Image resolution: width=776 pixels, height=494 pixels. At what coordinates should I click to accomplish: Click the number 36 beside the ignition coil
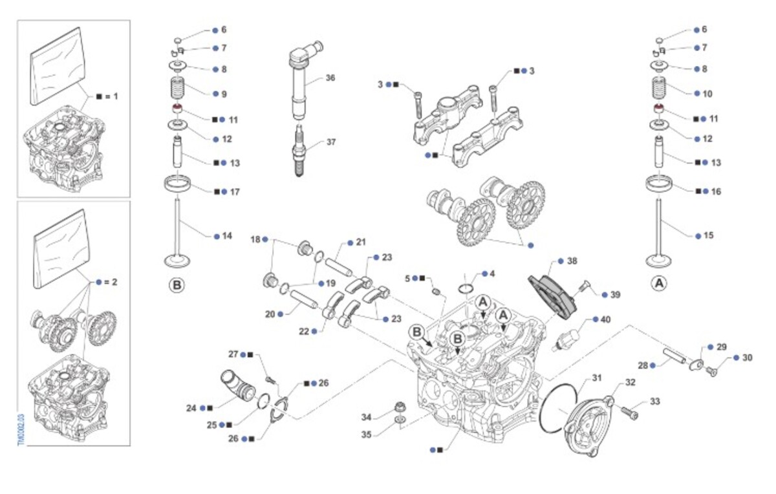pyautogui.click(x=330, y=78)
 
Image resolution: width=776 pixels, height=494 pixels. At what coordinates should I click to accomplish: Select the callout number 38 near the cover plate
pyautogui.click(x=572, y=262)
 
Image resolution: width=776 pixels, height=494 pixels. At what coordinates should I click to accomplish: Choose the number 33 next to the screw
pyautogui.click(x=655, y=402)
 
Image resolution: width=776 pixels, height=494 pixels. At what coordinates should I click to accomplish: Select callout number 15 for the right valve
pyautogui.click(x=708, y=236)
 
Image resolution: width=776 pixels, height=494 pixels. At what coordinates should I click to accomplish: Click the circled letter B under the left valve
pyautogui.click(x=175, y=285)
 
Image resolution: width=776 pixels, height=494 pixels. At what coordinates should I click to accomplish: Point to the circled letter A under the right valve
pyautogui.click(x=659, y=283)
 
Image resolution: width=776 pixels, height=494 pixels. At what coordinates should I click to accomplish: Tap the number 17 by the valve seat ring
pyautogui.click(x=235, y=192)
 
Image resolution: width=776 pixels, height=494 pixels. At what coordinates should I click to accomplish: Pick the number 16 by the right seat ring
pyautogui.click(x=716, y=191)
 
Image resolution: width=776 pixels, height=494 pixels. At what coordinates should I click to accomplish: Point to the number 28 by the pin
pyautogui.click(x=642, y=366)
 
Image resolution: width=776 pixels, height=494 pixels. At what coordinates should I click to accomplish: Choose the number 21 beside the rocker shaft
pyautogui.click(x=361, y=242)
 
